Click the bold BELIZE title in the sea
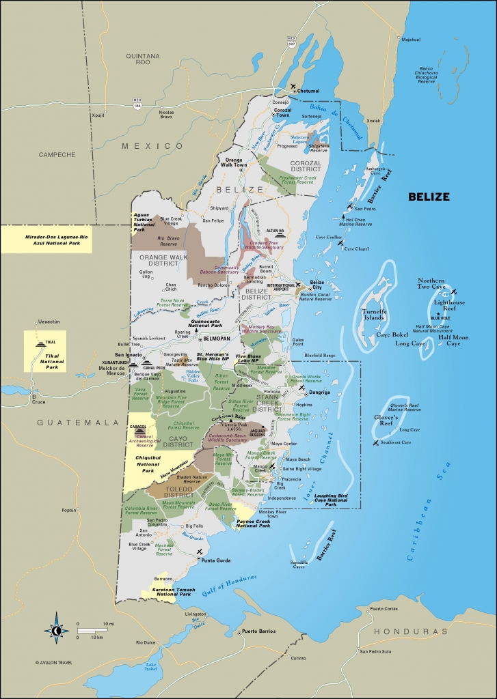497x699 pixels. coord(429,197)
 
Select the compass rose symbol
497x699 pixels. coord(55,631)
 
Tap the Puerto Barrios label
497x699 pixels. coord(258,631)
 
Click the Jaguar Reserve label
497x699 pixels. coord(257,432)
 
